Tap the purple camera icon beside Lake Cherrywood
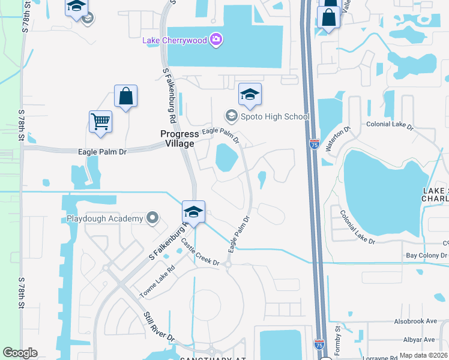[x=216, y=40]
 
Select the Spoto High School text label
[x=275, y=116]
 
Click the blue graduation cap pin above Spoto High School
[x=250, y=94]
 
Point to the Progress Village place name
[x=179, y=139]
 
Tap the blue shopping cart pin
[x=100, y=121]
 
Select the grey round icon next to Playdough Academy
[x=152, y=218]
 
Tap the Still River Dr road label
[x=159, y=326]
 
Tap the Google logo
[x=20, y=353]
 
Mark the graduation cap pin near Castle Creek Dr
[x=194, y=212]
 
